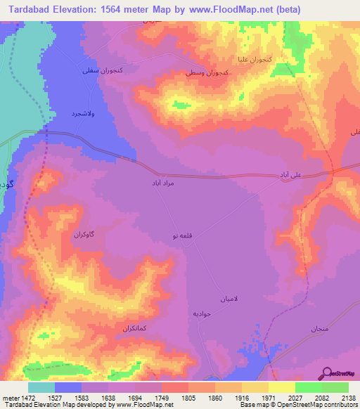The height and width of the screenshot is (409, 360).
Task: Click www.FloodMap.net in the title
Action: [231, 10]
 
